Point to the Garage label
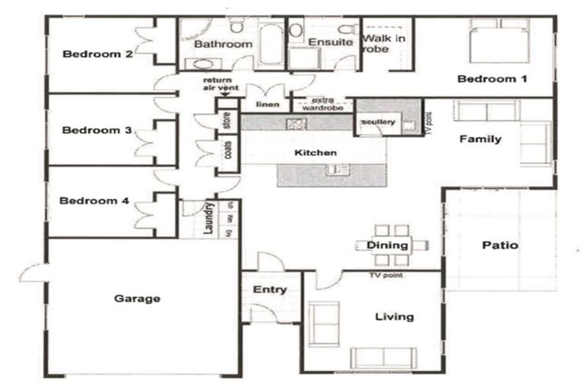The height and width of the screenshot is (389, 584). pos(137,299)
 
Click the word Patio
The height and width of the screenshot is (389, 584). pos(500,245)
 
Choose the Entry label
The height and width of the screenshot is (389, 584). pos(270,289)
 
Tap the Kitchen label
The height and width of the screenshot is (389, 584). pos(315,153)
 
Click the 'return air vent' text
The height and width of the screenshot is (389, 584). pos(221,84)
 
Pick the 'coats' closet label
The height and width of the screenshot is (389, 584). pos(227,151)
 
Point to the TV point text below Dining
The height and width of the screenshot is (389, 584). pos(386,274)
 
